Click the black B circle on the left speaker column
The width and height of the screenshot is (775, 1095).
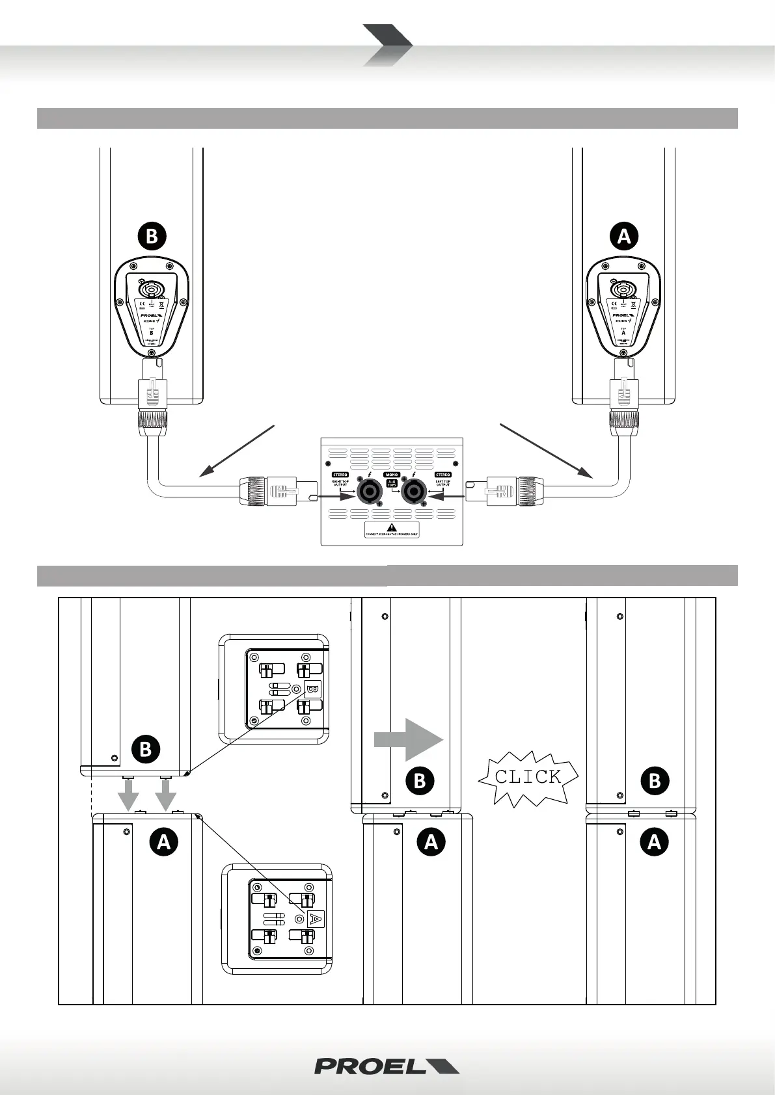point(152,236)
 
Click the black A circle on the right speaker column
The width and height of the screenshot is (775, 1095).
point(624,236)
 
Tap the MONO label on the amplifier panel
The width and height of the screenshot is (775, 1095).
point(392,475)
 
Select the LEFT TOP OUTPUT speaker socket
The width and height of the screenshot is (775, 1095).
point(415,495)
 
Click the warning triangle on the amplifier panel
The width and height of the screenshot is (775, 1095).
point(391,527)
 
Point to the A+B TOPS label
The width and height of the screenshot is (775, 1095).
point(392,483)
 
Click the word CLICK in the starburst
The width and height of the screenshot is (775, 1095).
point(528,776)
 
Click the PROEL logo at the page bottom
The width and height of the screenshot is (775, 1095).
point(387,1066)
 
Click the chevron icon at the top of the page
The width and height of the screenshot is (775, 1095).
point(387,45)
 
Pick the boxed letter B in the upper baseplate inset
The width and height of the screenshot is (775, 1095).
point(312,689)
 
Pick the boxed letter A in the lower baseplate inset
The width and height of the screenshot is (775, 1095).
point(315,919)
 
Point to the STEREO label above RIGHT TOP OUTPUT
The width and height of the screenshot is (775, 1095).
point(340,475)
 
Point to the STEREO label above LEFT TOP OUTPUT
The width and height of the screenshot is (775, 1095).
point(443,475)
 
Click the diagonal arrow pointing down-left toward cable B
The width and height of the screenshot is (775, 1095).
point(237,452)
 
